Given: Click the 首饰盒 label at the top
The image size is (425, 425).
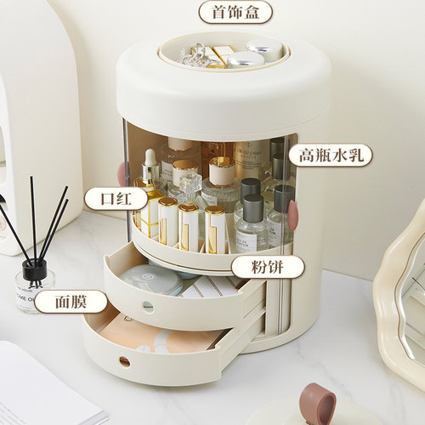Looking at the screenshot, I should pos(235,12).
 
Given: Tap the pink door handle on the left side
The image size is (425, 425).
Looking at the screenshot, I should pos(125,173).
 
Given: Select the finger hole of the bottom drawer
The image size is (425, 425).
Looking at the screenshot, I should pos(125,361).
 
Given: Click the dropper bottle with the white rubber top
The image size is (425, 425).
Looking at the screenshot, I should pos(150,170).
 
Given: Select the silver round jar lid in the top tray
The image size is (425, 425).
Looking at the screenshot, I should pos(245,59).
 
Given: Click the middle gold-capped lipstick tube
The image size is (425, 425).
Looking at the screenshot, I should pos(189,224).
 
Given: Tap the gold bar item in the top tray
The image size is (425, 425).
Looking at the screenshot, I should pos(224,54).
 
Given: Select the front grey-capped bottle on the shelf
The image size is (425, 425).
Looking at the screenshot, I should pos(252,224).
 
